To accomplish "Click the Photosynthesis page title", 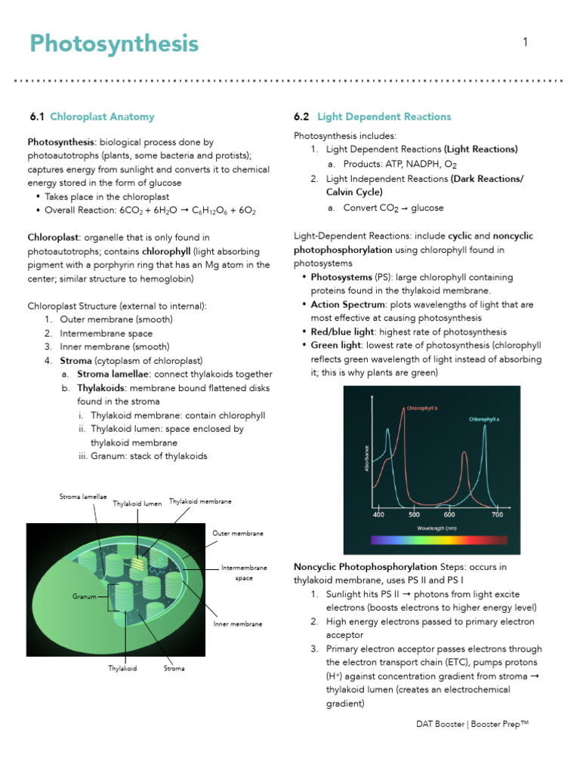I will (114, 45).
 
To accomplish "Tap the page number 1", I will (525, 43).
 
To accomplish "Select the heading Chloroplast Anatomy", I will (102, 116).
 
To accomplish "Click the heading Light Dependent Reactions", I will (384, 116).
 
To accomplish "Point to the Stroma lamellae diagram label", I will (83, 496).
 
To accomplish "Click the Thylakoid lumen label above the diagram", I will (137, 504).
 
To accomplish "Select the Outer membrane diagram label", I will (237, 533).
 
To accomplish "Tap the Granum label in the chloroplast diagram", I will (85, 596).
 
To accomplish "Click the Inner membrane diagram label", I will (237, 624).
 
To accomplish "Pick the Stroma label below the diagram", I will (174, 668).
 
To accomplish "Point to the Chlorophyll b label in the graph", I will (422, 408).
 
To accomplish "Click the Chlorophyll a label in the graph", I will (484, 418).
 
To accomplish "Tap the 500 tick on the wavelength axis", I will (414, 515).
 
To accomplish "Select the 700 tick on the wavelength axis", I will (497, 515).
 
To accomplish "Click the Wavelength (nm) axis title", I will (438, 528).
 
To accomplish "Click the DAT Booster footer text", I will (472, 724).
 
